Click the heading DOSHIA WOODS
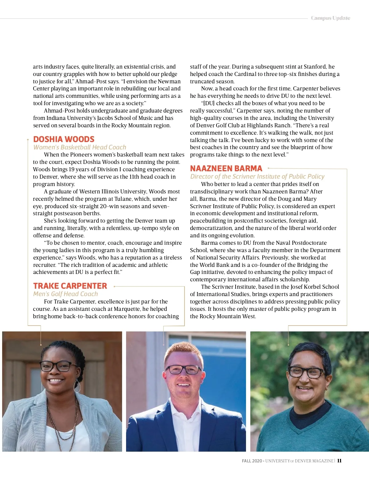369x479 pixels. click(64, 139)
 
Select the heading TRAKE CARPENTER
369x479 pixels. click(70, 286)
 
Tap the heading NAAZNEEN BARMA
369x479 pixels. click(226, 168)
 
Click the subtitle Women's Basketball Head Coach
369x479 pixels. click(80, 147)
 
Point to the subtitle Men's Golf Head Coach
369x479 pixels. click(65, 294)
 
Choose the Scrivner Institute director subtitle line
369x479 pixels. click(257, 176)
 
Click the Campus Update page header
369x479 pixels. click(330, 18)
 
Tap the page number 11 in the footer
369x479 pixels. click(339, 461)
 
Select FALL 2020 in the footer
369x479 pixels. click(252, 461)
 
